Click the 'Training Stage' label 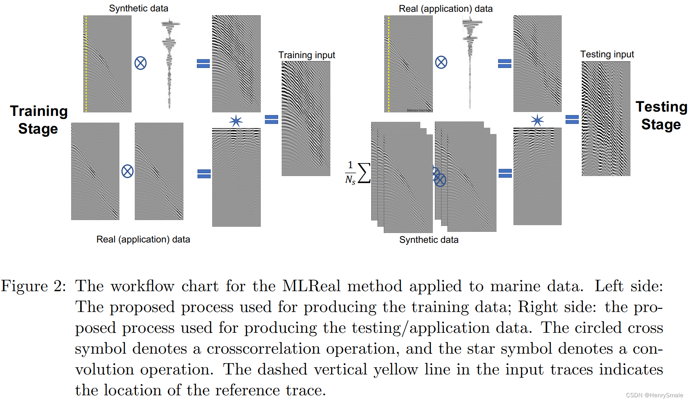click(x=38, y=120)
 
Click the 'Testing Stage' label click(x=661, y=116)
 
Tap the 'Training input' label click(x=306, y=55)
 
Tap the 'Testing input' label click(x=607, y=54)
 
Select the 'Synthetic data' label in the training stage click(x=138, y=8)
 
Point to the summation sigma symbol click(x=364, y=173)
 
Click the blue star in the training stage click(x=236, y=121)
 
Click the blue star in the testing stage click(x=537, y=120)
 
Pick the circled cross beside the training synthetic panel click(x=140, y=63)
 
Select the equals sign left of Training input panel click(x=271, y=119)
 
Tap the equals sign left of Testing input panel click(x=572, y=119)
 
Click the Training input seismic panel click(x=306, y=118)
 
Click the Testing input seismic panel click(x=606, y=118)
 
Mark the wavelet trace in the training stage click(x=169, y=63)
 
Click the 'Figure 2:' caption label click(x=33, y=286)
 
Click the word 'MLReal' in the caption click(x=311, y=286)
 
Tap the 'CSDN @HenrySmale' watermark click(x=654, y=395)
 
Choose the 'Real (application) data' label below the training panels click(x=143, y=239)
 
